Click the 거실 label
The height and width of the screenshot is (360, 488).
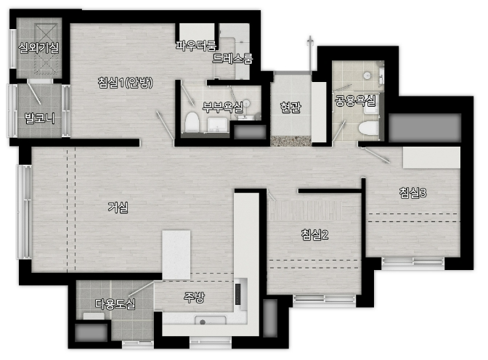point(118,208)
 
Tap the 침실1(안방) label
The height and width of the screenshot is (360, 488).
point(125,83)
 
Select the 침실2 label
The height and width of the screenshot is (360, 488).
point(314,234)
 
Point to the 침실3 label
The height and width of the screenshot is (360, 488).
point(412,193)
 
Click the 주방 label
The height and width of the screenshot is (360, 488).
point(194,298)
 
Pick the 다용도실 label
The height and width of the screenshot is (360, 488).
point(115,303)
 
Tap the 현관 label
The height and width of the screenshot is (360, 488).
point(290,107)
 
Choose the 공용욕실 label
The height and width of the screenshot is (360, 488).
point(355,100)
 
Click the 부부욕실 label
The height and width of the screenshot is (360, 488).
point(222,107)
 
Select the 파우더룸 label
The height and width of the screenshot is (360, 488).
point(196,46)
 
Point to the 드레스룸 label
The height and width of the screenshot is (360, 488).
point(232,58)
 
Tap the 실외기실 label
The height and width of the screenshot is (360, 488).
point(38,48)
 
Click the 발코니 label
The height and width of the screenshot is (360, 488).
point(40,118)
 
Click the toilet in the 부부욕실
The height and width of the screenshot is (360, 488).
point(192,122)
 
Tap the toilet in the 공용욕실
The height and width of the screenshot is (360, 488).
point(369,128)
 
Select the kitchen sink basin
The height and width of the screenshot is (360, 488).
point(211,321)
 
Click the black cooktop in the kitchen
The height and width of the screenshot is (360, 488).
point(238,294)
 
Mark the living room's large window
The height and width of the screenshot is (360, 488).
point(24,212)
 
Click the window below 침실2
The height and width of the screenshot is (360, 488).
point(325,299)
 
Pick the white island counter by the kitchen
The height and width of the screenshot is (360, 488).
point(176,255)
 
